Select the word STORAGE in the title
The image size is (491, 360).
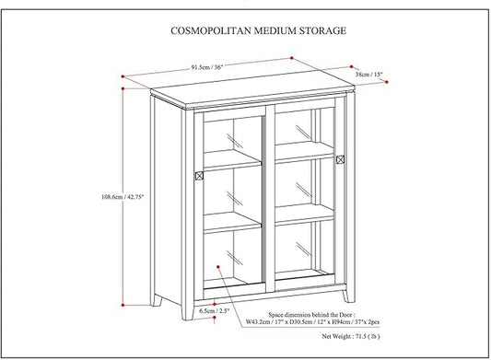(x=320, y=30)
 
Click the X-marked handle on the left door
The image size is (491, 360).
(x=199, y=173)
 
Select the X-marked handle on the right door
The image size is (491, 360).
(x=341, y=159)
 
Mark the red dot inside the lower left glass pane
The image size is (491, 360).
(x=219, y=268)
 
